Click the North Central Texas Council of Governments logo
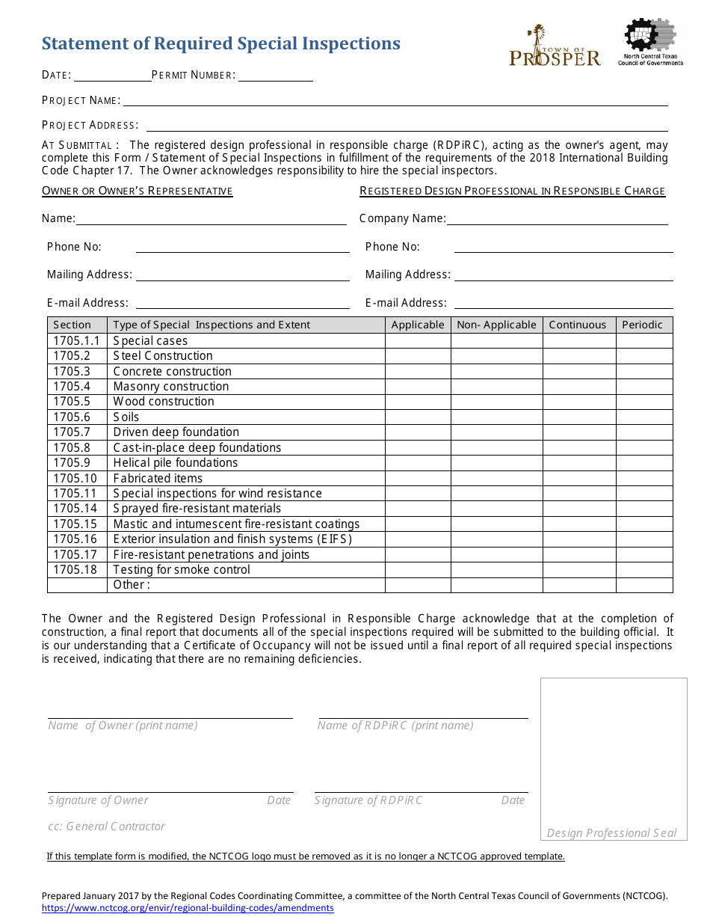tap(650, 43)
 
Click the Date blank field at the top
tap(112, 75)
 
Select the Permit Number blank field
tap(275, 75)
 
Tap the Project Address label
tap(90, 125)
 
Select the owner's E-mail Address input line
tap(242, 303)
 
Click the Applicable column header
tap(418, 325)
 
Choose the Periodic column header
tap(643, 325)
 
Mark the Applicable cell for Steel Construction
tap(418, 356)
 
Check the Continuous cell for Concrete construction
tap(578, 372)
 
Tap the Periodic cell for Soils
tap(643, 417)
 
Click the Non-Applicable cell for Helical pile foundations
tap(496, 463)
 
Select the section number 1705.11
tap(75, 494)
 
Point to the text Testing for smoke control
tap(182, 570)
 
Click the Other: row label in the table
tap(132, 585)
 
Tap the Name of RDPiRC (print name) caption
tap(395, 726)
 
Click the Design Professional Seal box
tap(614, 755)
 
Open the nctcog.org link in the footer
tap(188, 908)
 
